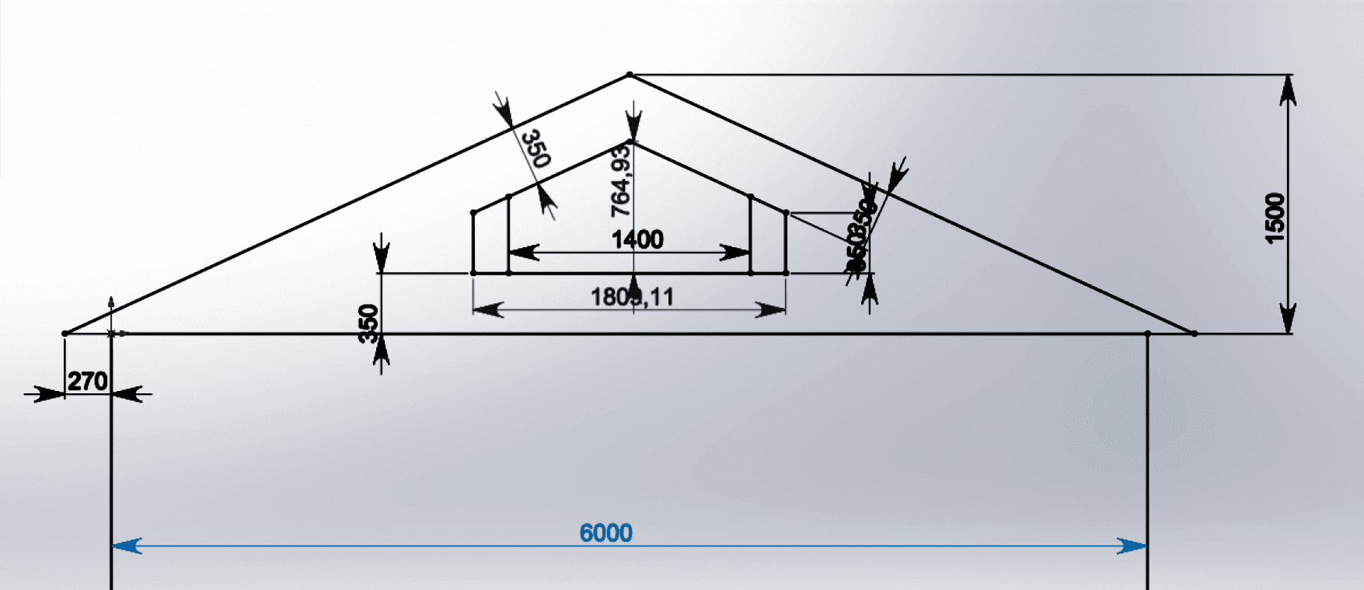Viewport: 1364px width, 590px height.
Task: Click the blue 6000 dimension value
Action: point(605,533)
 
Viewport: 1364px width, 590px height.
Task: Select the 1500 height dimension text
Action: point(1275,218)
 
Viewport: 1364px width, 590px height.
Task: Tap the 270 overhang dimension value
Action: point(87,382)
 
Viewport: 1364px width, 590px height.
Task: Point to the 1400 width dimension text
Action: point(637,239)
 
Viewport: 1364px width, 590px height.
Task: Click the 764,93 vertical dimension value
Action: point(621,183)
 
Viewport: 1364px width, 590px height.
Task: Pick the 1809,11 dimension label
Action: point(632,297)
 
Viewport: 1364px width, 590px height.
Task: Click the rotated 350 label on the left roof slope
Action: point(535,148)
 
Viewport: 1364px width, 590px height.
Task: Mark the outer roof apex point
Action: point(630,75)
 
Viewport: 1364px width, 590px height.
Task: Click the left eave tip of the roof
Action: point(65,333)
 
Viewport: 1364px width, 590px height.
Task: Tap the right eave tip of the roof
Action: point(1195,333)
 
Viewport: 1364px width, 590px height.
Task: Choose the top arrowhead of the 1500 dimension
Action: point(1289,90)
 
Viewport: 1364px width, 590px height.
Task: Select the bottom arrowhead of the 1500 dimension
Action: point(1289,319)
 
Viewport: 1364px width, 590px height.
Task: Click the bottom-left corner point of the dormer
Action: point(473,273)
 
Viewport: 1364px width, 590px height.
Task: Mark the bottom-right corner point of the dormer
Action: point(787,273)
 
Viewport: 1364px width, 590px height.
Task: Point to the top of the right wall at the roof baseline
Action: point(1148,334)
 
